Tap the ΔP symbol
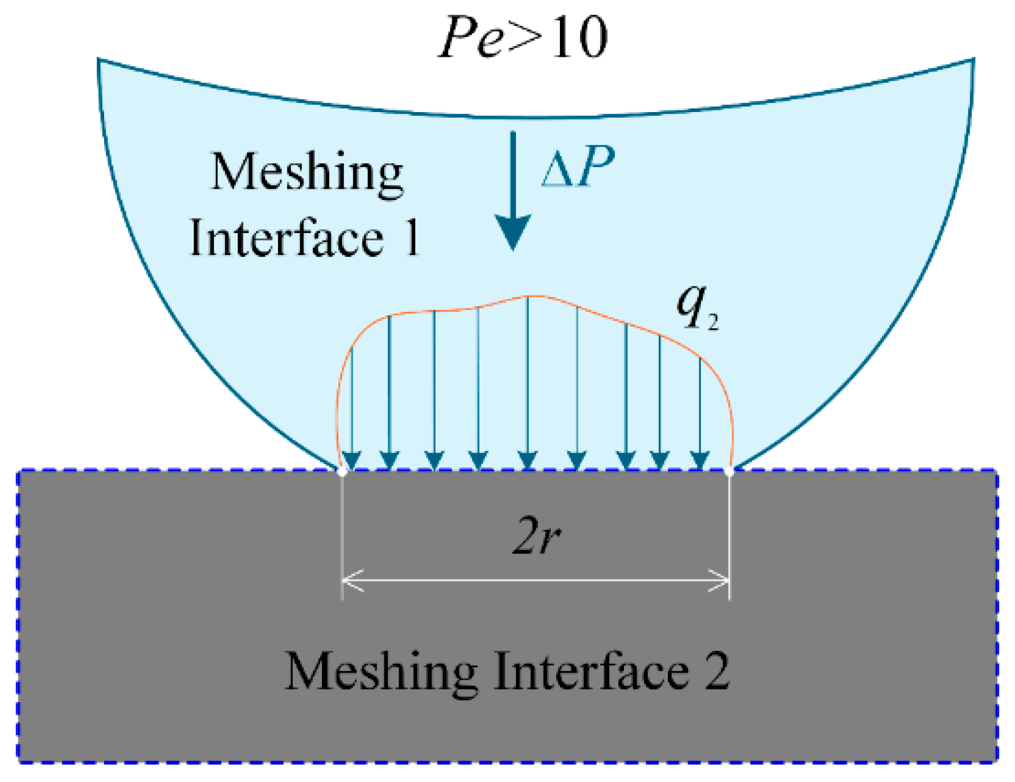coord(577,167)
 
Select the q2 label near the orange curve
coord(697,309)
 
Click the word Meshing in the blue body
coord(307,173)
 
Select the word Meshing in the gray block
coord(381,671)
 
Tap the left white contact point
coord(342,472)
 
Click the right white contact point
coord(730,472)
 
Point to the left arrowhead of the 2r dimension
coord(351,580)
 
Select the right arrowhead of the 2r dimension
coord(720,580)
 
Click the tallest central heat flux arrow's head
coord(527,461)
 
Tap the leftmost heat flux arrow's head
coord(352,461)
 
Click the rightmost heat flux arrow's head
coord(699,461)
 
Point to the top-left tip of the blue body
coord(99,60)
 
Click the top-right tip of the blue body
coord(973,60)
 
